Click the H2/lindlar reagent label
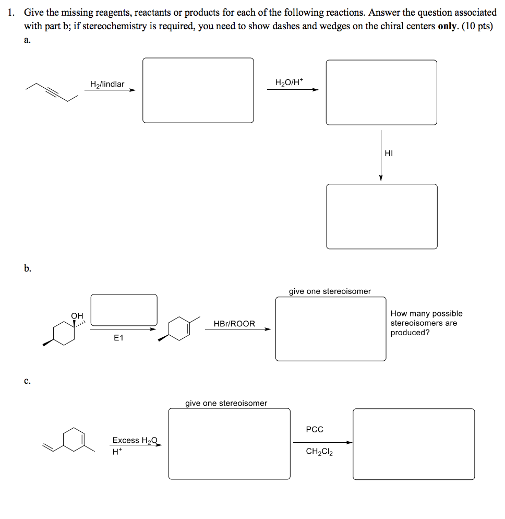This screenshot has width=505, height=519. tap(107, 84)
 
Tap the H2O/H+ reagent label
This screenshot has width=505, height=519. tap(288, 82)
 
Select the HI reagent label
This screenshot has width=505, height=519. tap(389, 153)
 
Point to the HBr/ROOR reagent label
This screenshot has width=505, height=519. tap(234, 324)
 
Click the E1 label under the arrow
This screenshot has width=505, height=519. tap(118, 338)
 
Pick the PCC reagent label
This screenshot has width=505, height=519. tap(315, 429)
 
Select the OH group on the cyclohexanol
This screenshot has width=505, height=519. tap(77, 315)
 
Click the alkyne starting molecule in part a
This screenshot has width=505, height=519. tap(55, 92)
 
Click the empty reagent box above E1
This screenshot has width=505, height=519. tap(124, 310)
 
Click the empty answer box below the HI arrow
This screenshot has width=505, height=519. tap(381, 216)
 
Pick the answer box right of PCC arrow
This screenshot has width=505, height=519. tap(413, 444)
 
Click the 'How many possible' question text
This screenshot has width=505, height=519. tap(426, 313)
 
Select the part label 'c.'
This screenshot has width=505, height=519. tap(27, 381)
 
